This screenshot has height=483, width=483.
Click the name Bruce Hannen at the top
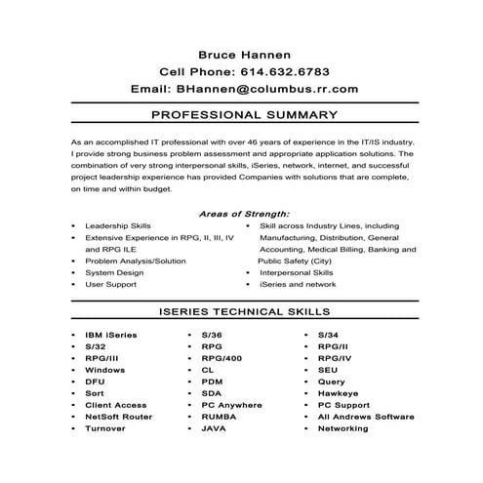tap(244, 54)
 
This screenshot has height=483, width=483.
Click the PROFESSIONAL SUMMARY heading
tap(245, 115)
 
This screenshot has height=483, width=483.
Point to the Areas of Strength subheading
tap(244, 214)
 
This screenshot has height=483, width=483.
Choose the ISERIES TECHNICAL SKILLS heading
tap(244, 312)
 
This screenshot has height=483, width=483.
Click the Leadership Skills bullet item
tap(118, 225)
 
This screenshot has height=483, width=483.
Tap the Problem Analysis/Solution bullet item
tap(135, 261)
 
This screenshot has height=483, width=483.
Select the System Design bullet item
tap(114, 272)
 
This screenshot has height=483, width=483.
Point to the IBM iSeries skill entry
tap(111, 335)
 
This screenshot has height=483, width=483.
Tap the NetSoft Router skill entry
tap(118, 416)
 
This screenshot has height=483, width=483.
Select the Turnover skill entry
tap(105, 427)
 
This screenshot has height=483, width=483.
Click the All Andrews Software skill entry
tap(366, 416)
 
